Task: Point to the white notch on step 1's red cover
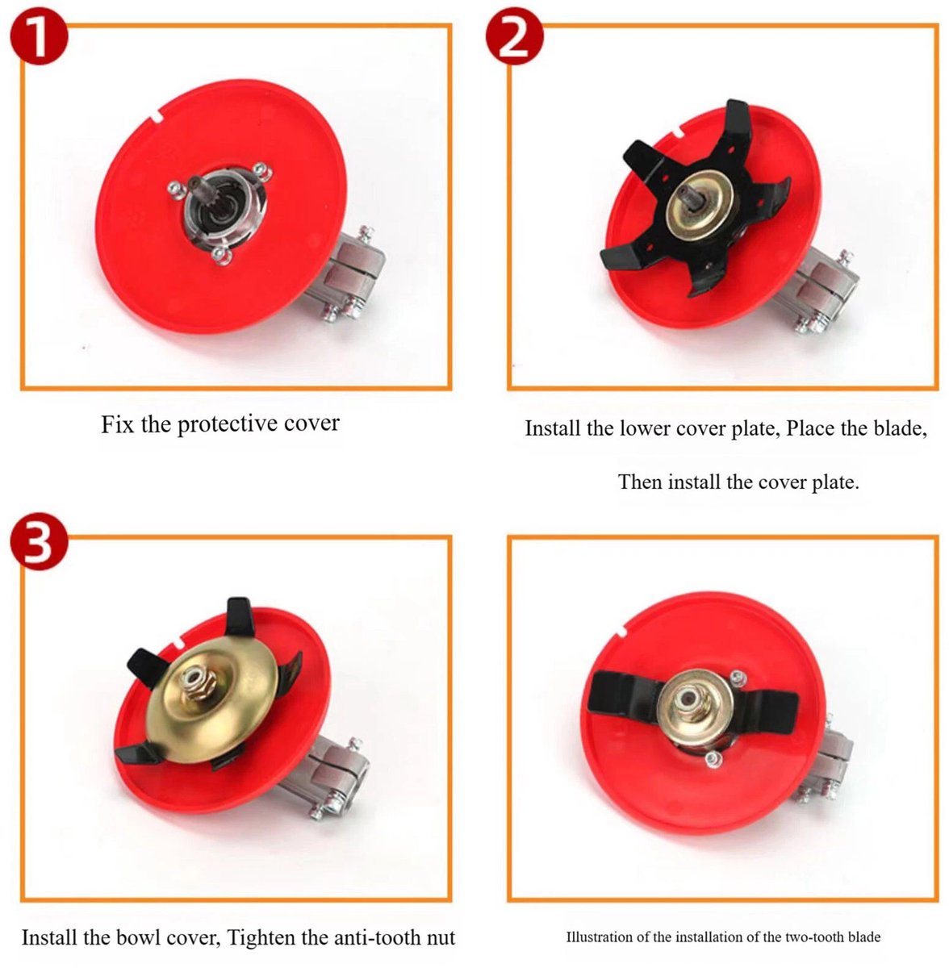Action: coord(157,116)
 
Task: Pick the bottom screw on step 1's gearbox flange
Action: coord(220,256)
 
